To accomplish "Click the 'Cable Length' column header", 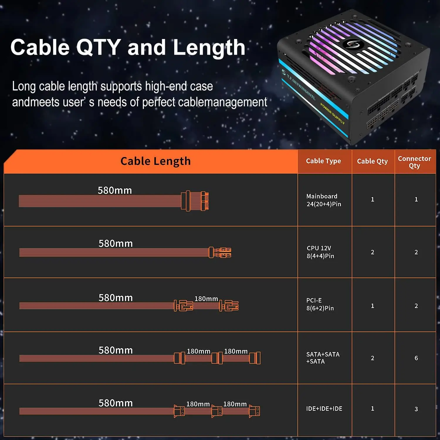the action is (x=155, y=161).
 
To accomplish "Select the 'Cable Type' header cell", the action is (x=323, y=161).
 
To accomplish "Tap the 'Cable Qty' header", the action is (x=372, y=161).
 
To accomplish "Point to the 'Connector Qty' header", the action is (x=414, y=162).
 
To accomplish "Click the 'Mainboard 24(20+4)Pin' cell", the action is (x=324, y=200).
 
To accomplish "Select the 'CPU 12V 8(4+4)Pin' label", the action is (x=320, y=252).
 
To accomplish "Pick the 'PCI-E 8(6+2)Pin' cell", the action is (x=320, y=304).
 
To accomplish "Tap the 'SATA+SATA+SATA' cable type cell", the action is (x=323, y=358).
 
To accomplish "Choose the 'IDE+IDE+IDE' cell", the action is (x=324, y=409).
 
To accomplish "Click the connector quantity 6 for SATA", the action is (x=416, y=358).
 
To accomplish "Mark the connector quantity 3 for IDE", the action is (x=416, y=409).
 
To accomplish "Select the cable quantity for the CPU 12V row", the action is (x=372, y=252).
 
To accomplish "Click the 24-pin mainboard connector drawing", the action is (x=195, y=201).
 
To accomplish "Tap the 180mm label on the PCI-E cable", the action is (x=206, y=299).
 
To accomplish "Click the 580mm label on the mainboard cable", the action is (x=115, y=190).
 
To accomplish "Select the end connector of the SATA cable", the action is (x=255, y=358).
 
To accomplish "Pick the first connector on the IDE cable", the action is (x=179, y=411).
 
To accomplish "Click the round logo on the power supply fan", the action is (x=353, y=44).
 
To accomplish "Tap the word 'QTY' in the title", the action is (x=99, y=48).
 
